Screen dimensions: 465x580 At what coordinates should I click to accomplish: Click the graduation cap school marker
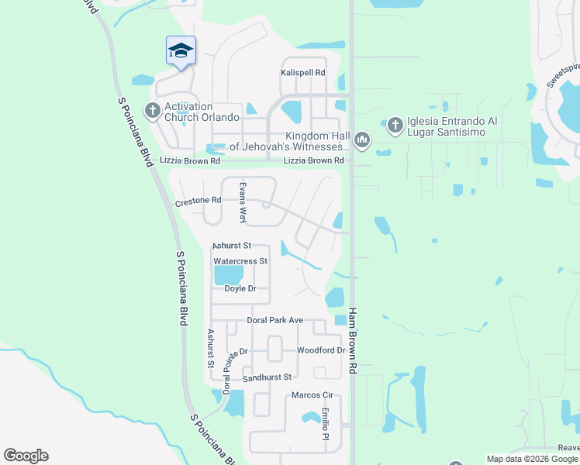181,51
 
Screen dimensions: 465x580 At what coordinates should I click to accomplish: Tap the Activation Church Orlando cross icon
152,111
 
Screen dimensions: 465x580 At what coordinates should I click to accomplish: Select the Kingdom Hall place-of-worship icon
362,141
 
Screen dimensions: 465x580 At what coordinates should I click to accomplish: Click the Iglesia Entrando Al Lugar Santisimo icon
395,125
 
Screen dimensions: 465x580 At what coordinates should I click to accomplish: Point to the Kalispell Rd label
302,73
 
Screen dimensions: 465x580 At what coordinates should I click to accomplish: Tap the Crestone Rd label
199,200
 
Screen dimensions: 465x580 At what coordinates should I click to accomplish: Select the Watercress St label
240,261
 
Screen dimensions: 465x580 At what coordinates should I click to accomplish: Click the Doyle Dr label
240,288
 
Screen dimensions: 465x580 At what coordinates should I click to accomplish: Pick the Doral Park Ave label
274,320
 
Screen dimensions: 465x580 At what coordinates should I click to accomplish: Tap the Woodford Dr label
320,350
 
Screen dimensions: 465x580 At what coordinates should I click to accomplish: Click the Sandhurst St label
266,377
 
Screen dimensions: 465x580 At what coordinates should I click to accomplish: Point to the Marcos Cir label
312,395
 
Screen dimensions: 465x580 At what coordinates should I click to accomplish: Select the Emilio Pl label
326,425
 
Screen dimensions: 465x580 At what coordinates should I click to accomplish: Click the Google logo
26,456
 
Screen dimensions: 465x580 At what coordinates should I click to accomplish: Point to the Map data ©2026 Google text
531,459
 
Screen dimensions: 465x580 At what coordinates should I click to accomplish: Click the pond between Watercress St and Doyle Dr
228,275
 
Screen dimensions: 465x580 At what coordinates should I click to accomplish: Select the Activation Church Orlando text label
200,111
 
